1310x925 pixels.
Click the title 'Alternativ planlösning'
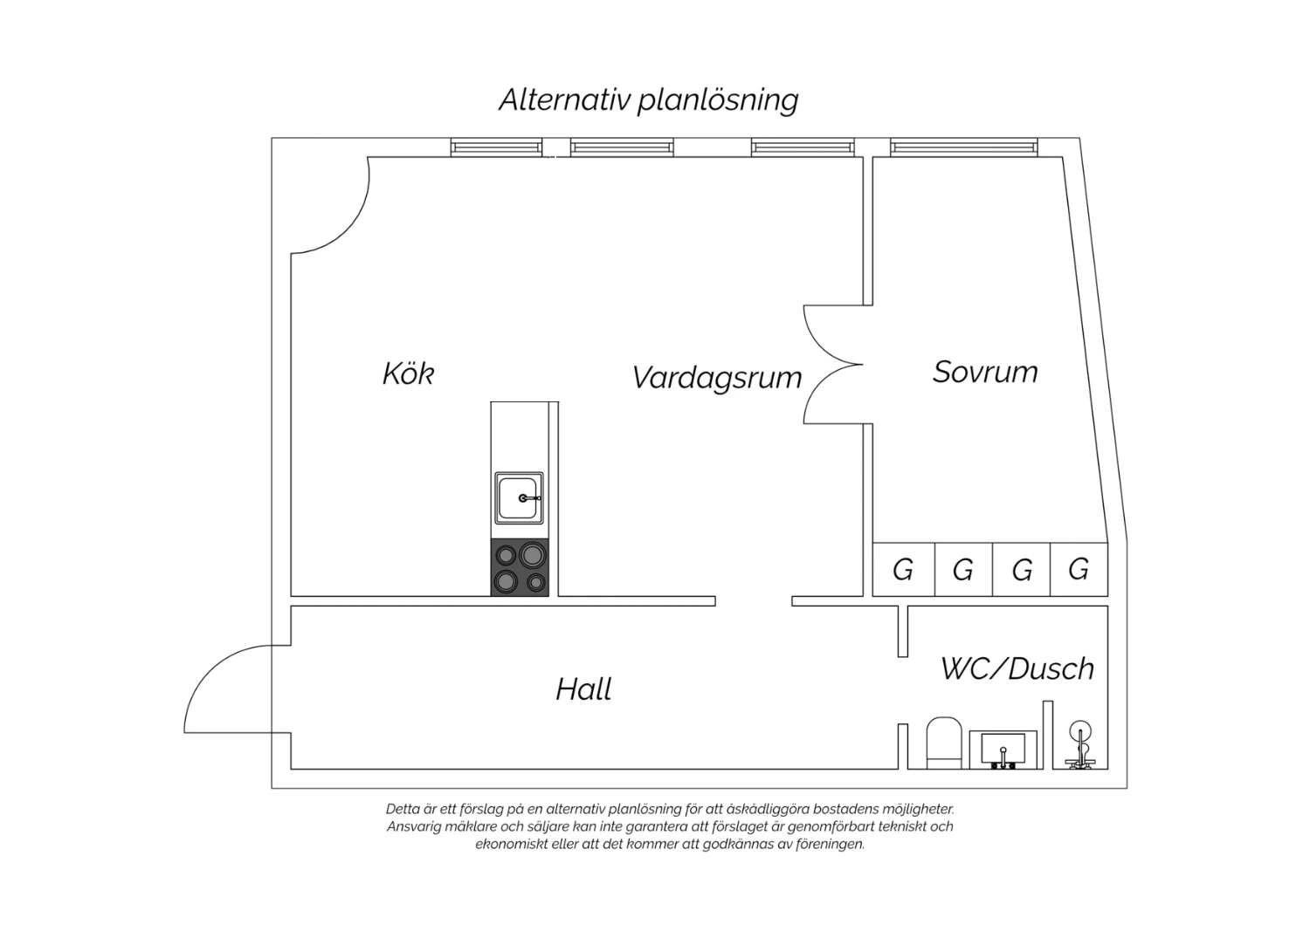(648, 99)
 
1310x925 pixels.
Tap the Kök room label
(408, 373)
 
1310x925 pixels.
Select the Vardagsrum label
(716, 377)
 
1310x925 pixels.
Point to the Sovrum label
(985, 372)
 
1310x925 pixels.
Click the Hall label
(583, 689)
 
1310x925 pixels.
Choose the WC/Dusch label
(1017, 668)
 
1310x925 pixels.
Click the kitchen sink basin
(519, 498)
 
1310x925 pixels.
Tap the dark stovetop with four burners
(520, 568)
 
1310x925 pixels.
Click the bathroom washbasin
(1003, 750)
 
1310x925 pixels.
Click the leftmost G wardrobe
(903, 570)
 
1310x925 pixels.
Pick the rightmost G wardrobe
(1079, 570)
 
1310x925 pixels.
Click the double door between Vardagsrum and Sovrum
(831, 363)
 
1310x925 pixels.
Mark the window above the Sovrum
(964, 147)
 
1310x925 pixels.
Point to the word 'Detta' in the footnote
(403, 809)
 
